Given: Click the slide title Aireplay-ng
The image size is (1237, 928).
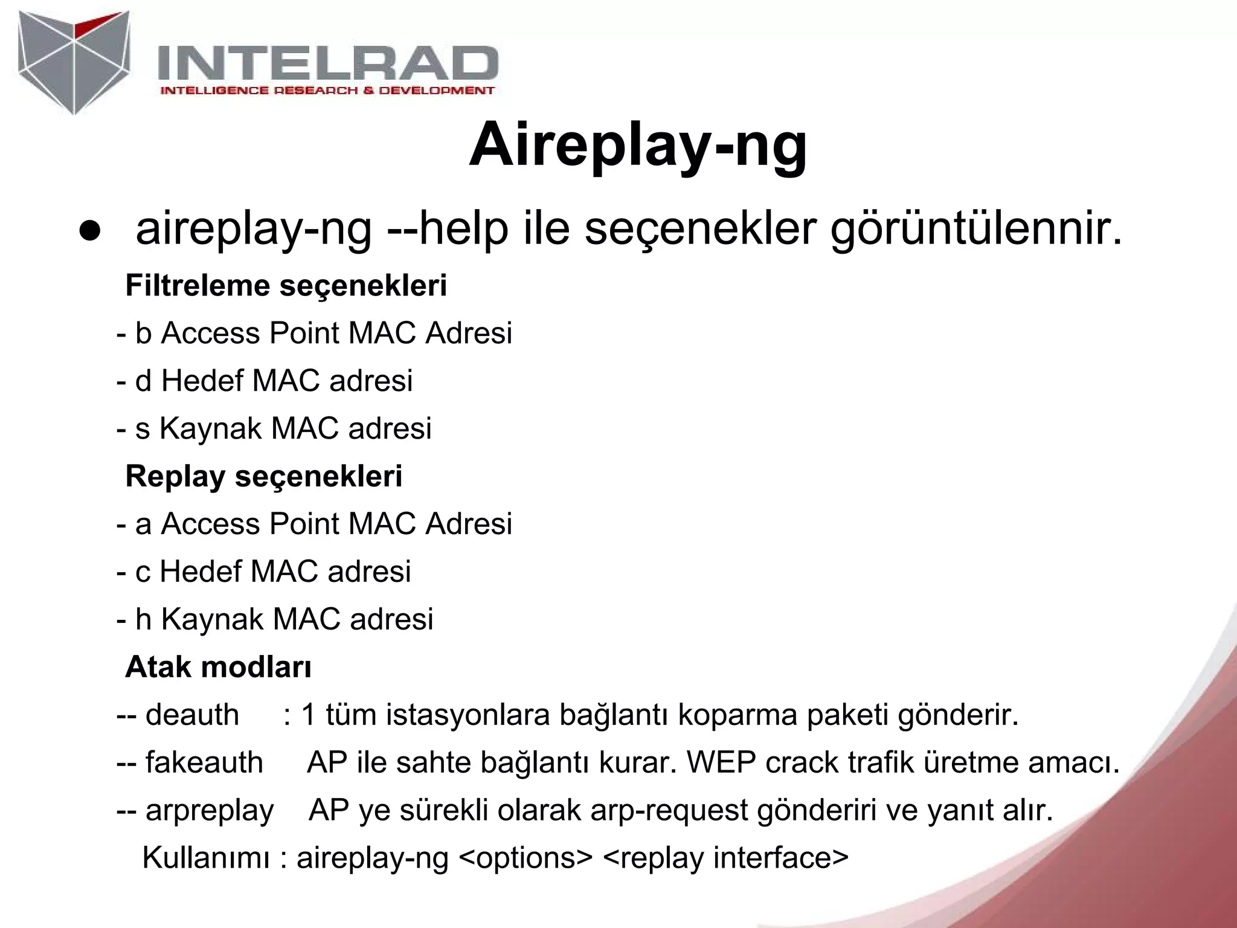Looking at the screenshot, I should coord(638,145).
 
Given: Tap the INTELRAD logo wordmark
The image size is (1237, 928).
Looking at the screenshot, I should coord(327,63).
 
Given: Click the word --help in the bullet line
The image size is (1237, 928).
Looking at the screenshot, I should coord(448,230).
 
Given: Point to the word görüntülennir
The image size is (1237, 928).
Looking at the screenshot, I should coord(976,230).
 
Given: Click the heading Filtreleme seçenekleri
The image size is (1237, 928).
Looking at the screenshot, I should coord(286,286).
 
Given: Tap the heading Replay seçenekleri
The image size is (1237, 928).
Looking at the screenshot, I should coord(263,476).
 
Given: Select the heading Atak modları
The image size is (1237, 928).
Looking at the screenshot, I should coord(218,667).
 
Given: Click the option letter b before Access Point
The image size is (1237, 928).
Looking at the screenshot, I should coord(143,333).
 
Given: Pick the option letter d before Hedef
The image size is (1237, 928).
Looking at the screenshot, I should coord(143,381).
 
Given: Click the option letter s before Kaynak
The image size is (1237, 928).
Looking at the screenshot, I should coord(143,429).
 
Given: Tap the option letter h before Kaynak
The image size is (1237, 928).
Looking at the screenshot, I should coord(143,619).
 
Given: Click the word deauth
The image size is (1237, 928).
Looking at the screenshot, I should coord(192,715).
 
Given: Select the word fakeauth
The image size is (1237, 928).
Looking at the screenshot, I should coord(204,762).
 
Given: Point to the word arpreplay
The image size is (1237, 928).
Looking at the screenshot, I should coord(210,810).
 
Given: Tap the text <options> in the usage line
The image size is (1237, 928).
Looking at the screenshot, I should coord(525,858).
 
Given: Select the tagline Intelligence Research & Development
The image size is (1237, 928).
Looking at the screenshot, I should coord(327,91).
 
